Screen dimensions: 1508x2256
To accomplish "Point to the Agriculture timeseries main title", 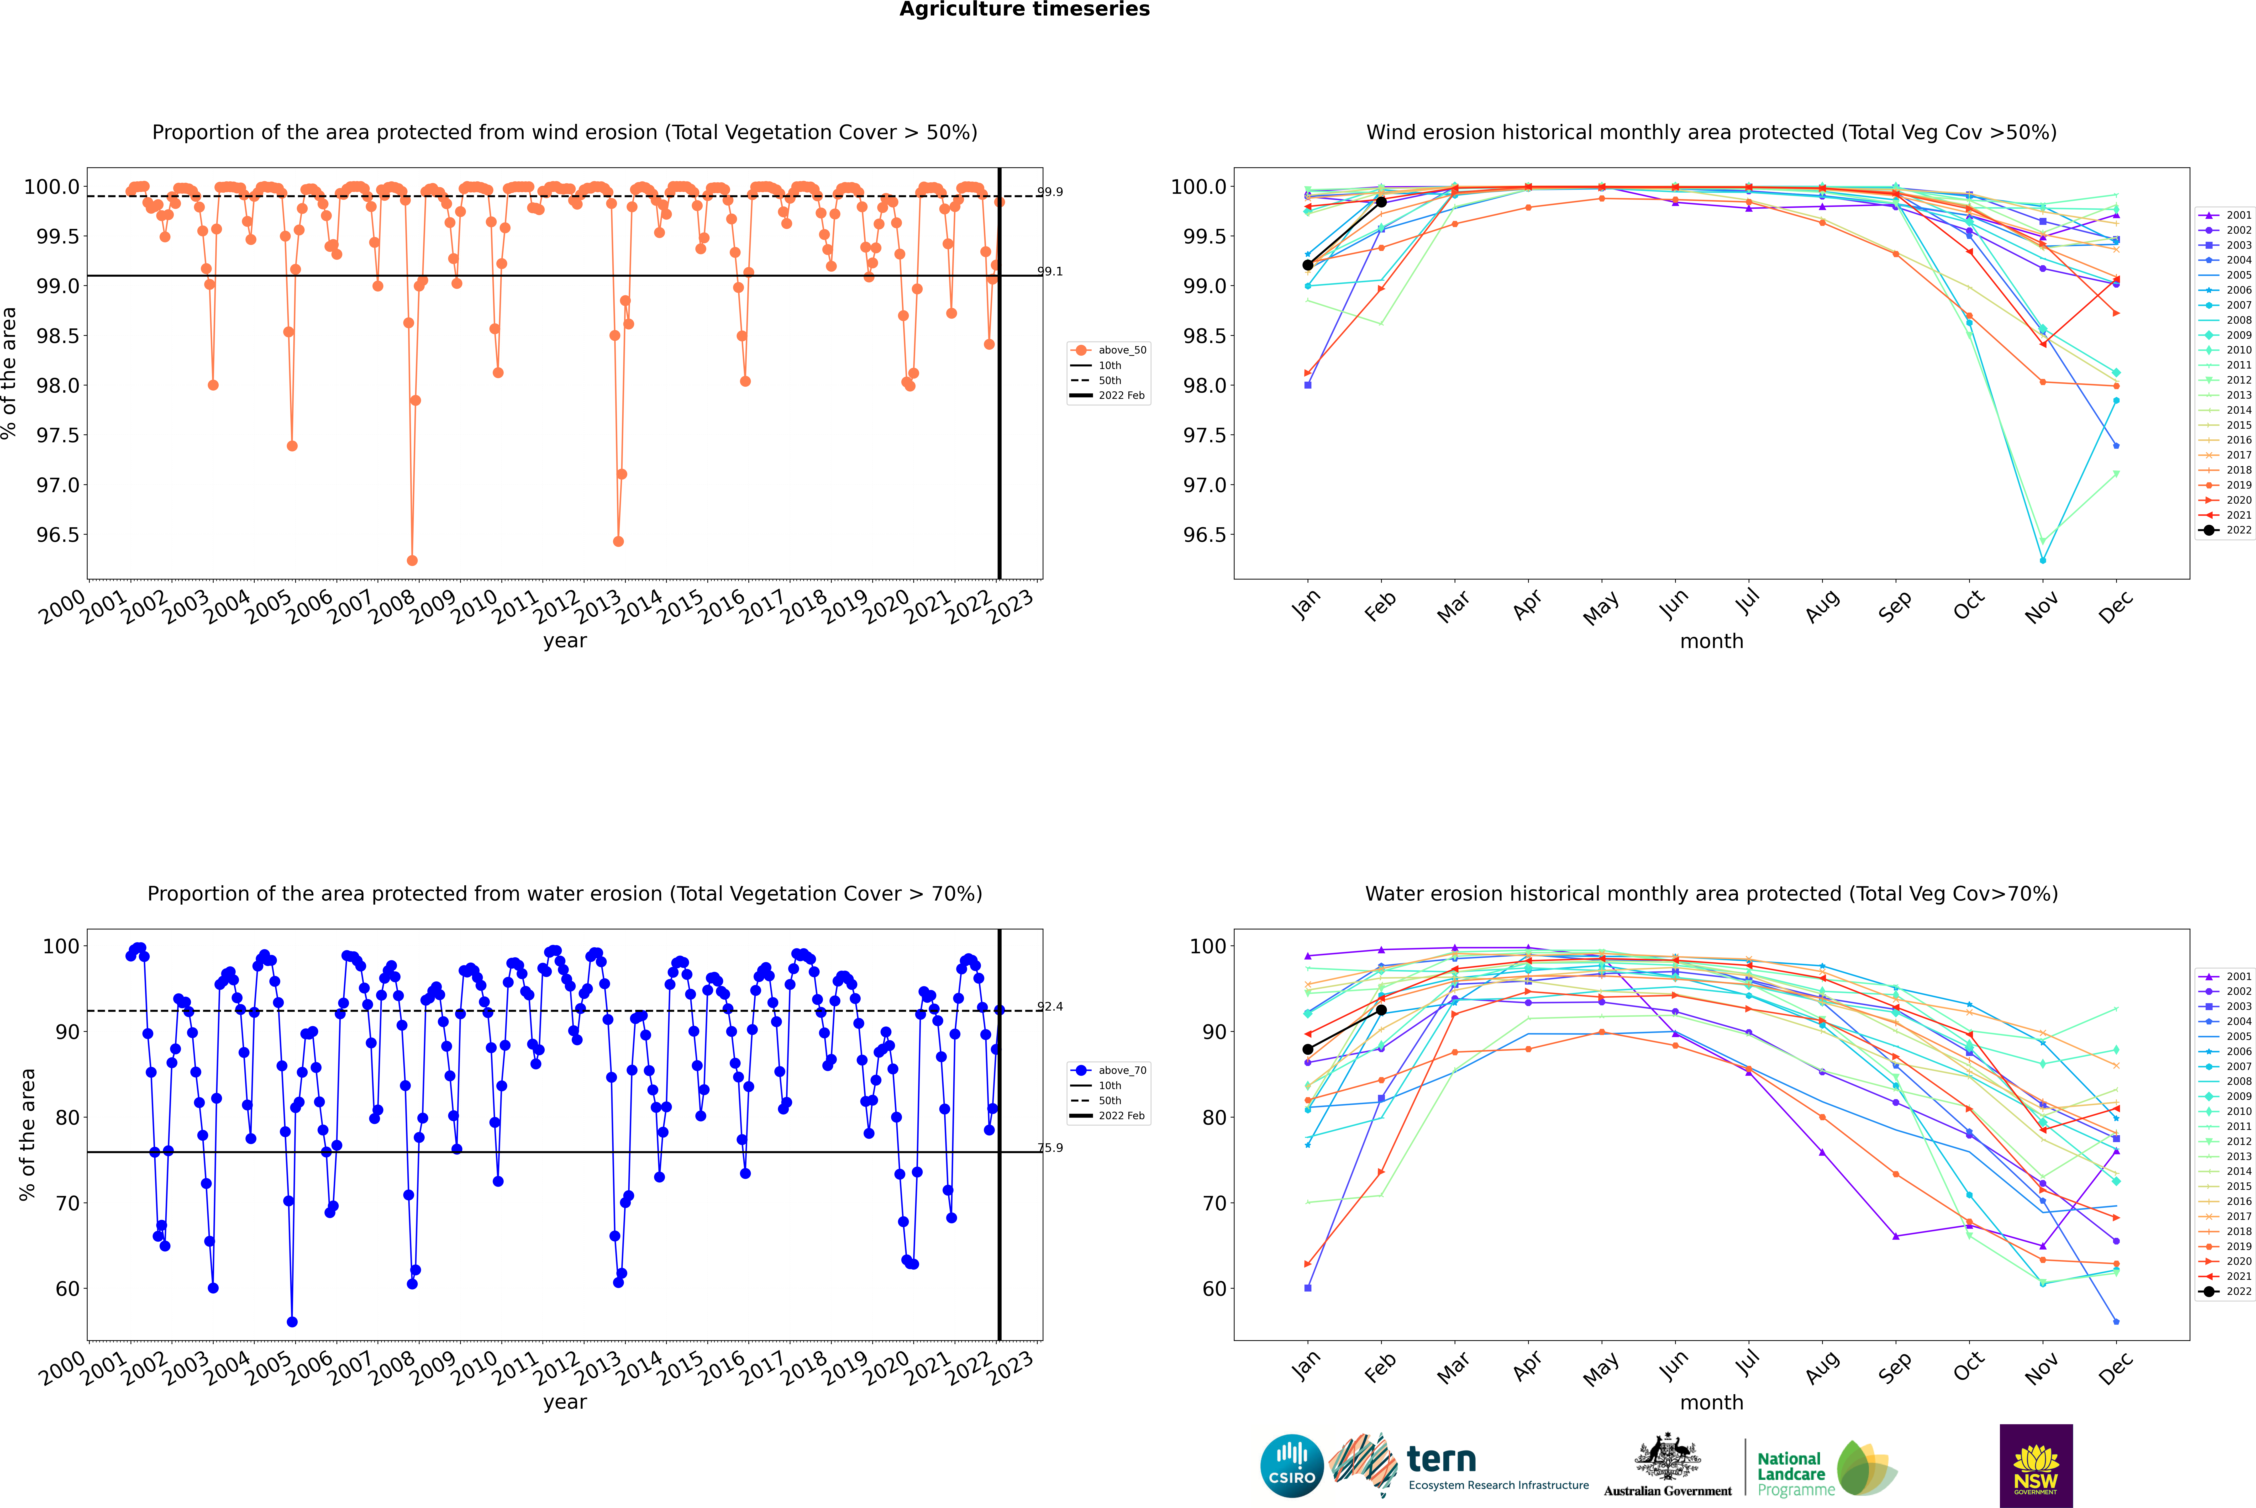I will [x=1024, y=10].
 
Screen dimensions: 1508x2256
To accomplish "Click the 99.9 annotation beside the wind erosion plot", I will [x=1050, y=192].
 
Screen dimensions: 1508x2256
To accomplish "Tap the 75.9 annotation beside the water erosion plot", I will [x=1050, y=1147].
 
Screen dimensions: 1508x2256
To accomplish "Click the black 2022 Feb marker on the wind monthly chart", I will [x=1381, y=202].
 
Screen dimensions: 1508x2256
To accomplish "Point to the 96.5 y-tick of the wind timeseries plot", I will [x=58, y=535].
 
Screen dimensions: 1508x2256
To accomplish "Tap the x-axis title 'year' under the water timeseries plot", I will [x=564, y=1402].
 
